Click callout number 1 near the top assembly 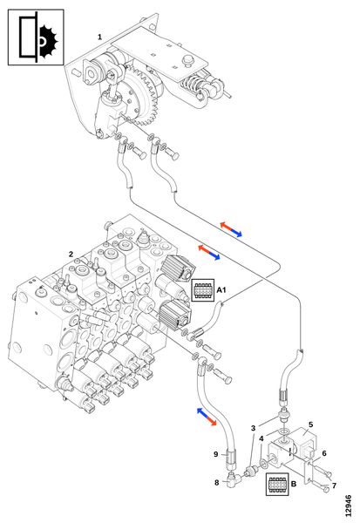point(99,37)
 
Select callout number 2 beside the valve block point(71,255)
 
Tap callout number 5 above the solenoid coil point(310,425)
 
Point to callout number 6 point(324,453)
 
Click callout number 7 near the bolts point(334,486)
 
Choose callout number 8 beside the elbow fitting point(217,482)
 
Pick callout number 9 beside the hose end point(216,454)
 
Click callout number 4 point(262,438)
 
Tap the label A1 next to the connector point(221,290)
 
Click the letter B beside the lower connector point(294,484)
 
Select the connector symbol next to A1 point(203,290)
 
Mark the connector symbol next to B point(277,484)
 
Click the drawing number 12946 point(349,506)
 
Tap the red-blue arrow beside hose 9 point(207,417)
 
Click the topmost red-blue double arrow point(231,229)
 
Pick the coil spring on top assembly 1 point(190,85)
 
